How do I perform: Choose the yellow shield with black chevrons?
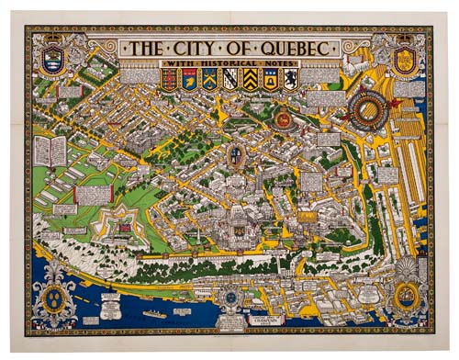[250, 80]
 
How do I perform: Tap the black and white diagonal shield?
[229, 80]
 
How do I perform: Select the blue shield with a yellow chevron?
[209, 80]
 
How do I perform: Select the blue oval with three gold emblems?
[52, 295]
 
